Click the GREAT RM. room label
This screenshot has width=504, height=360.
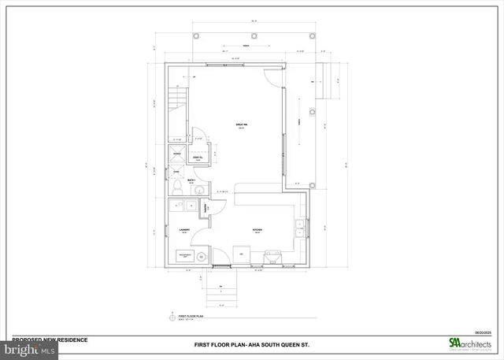[242, 125]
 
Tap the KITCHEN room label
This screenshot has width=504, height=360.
[257, 231]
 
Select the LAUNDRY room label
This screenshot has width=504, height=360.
[184, 231]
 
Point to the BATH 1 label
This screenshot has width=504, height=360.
[191, 180]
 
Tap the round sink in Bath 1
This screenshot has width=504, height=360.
[201, 190]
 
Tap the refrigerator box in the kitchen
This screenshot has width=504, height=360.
[243, 255]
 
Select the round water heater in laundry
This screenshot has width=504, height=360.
[202, 257]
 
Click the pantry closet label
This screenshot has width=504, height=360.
[206, 209]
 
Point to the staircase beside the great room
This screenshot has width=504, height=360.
[179, 102]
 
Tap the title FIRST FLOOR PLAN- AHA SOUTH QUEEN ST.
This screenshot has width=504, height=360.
[250, 345]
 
